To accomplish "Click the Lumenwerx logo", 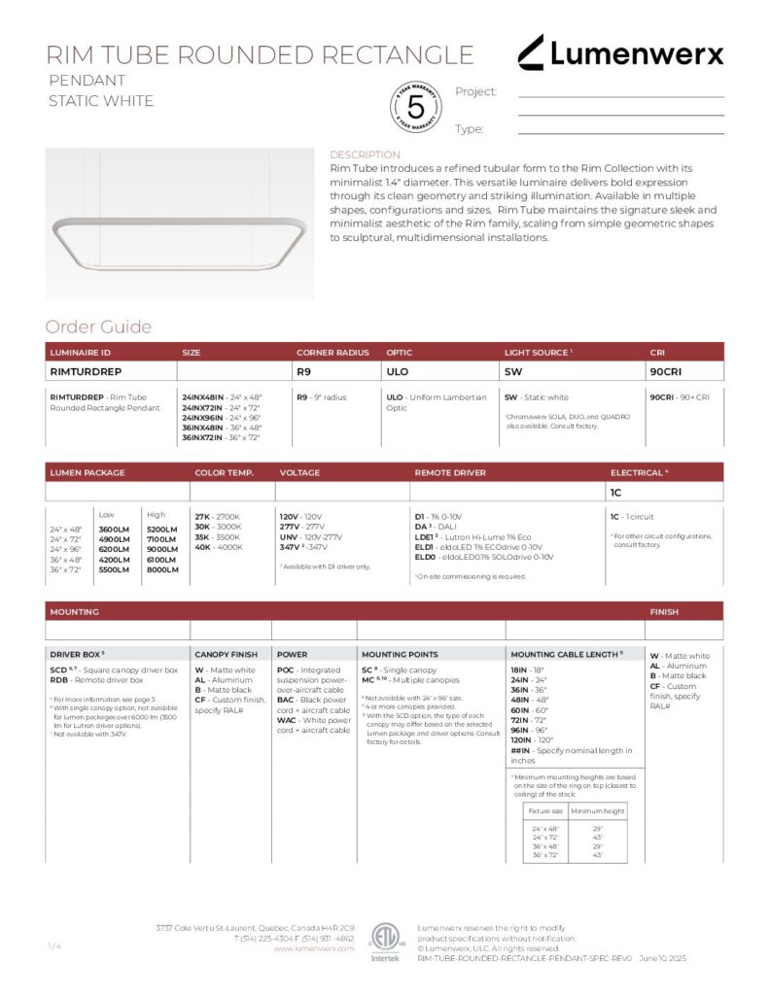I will tap(619, 53).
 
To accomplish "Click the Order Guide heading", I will tap(98, 327).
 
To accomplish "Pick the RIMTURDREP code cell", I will tap(85, 371).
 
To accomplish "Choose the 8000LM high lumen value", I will tap(162, 569).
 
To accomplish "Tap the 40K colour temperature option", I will tap(203, 547).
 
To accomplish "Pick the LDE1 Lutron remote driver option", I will tap(425, 537).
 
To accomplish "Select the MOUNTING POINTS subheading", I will tap(400, 655).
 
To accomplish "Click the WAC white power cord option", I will tap(287, 720).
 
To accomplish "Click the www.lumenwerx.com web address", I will tap(313, 948).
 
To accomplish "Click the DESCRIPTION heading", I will tap(365, 154).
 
